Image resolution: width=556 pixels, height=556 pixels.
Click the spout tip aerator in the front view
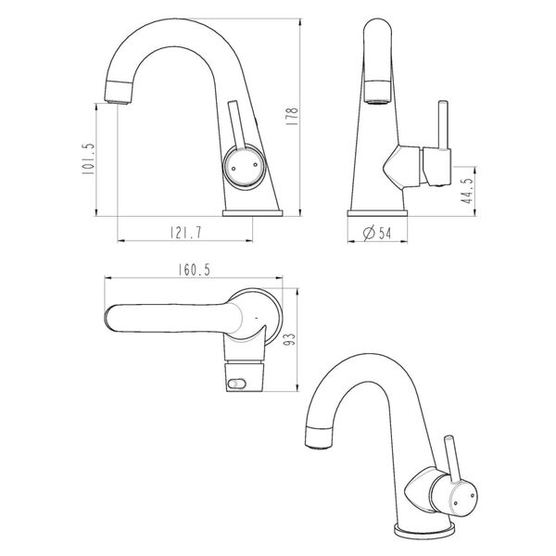pos(122,91)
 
